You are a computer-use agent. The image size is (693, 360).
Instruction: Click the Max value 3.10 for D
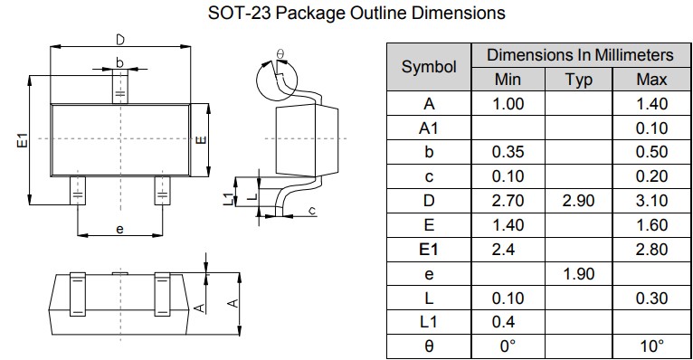(651, 201)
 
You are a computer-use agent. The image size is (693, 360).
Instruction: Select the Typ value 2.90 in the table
(578, 201)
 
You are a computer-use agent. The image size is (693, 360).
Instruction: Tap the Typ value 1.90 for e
(578, 274)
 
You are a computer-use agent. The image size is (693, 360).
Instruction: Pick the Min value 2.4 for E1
(503, 250)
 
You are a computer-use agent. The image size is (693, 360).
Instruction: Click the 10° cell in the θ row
(652, 346)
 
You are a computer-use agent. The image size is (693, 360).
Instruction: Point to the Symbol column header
(429, 67)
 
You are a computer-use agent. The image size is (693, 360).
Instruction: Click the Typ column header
(578, 80)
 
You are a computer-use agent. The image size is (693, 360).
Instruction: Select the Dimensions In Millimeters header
(580, 55)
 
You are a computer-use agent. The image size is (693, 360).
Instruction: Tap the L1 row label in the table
(428, 322)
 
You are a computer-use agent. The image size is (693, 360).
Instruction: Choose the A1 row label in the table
(428, 128)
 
